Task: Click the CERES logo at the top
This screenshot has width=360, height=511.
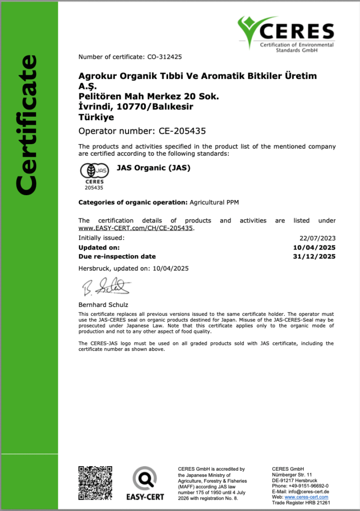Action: click(286, 33)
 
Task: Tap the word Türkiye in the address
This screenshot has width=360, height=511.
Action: click(96, 117)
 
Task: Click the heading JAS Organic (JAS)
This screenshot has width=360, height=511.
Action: click(153, 168)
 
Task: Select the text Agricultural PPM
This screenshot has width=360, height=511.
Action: click(214, 202)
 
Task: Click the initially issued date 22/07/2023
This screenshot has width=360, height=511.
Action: click(318, 238)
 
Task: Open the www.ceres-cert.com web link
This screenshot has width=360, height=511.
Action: click(306, 497)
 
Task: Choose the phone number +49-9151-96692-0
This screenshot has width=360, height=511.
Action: click(307, 486)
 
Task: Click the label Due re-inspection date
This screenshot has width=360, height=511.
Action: click(117, 256)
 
